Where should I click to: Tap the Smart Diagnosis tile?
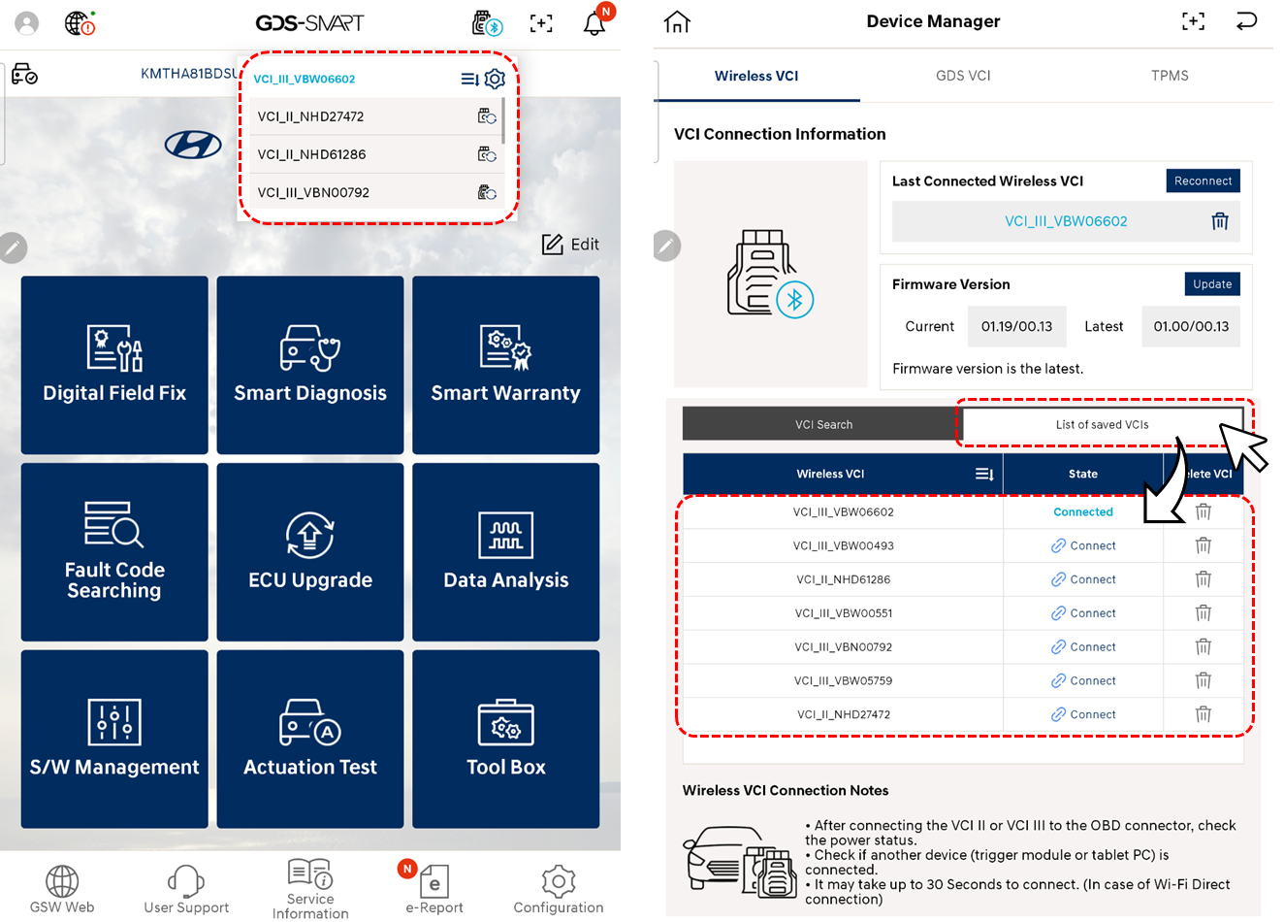[x=310, y=365]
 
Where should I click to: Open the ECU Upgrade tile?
[x=310, y=552]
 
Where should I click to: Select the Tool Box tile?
[x=505, y=739]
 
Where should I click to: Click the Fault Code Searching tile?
[x=114, y=552]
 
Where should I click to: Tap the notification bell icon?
[x=594, y=23]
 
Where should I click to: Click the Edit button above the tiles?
[x=570, y=245]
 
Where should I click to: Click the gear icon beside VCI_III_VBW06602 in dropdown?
[x=495, y=79]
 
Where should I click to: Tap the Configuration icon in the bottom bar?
[x=559, y=889]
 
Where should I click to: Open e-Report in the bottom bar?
[x=433, y=889]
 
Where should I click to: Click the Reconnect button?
[x=1203, y=181]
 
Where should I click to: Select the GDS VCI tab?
[x=963, y=76]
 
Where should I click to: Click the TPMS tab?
[x=1170, y=76]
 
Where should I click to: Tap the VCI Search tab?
[x=823, y=424]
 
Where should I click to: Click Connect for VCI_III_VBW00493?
[x=1083, y=545]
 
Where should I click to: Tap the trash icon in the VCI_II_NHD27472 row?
[x=1204, y=714]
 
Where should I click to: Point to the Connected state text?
[x=1083, y=511]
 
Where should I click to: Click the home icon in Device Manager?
[x=677, y=21]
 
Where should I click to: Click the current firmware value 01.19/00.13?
[x=1016, y=326]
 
